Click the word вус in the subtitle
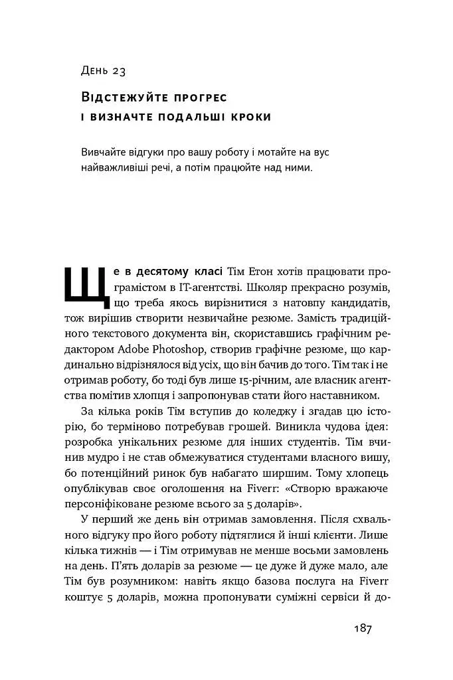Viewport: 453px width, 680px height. click(319, 152)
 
